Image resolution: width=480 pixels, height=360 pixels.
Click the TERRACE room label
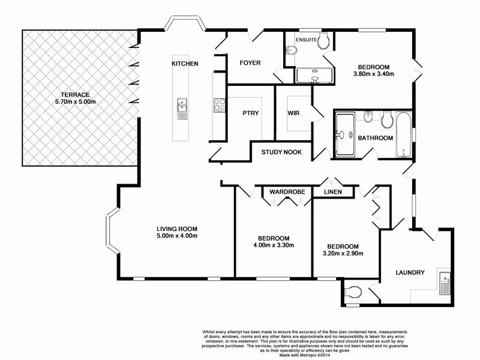(x=74, y=95)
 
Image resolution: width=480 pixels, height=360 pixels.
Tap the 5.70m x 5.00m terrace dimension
(x=74, y=102)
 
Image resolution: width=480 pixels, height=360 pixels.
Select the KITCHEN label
(x=185, y=64)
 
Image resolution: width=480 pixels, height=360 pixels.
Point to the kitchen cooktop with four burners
(x=218, y=105)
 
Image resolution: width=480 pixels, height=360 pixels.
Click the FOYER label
(x=250, y=63)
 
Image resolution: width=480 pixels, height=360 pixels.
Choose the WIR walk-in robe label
(x=293, y=113)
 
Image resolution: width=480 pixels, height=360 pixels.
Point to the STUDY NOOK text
(x=281, y=152)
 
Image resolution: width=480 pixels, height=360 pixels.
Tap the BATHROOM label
(x=376, y=138)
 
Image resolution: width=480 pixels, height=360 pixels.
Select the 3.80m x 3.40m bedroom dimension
(x=374, y=75)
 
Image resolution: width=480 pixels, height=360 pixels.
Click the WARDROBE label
(x=287, y=192)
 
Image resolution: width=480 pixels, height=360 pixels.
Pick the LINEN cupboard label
(x=333, y=192)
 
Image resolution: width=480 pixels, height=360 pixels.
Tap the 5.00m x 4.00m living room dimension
(x=177, y=236)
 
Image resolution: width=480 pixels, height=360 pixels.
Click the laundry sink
(x=445, y=281)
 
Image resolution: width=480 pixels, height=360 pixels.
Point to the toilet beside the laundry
(x=355, y=293)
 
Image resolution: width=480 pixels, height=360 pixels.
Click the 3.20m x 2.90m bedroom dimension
(x=343, y=254)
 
